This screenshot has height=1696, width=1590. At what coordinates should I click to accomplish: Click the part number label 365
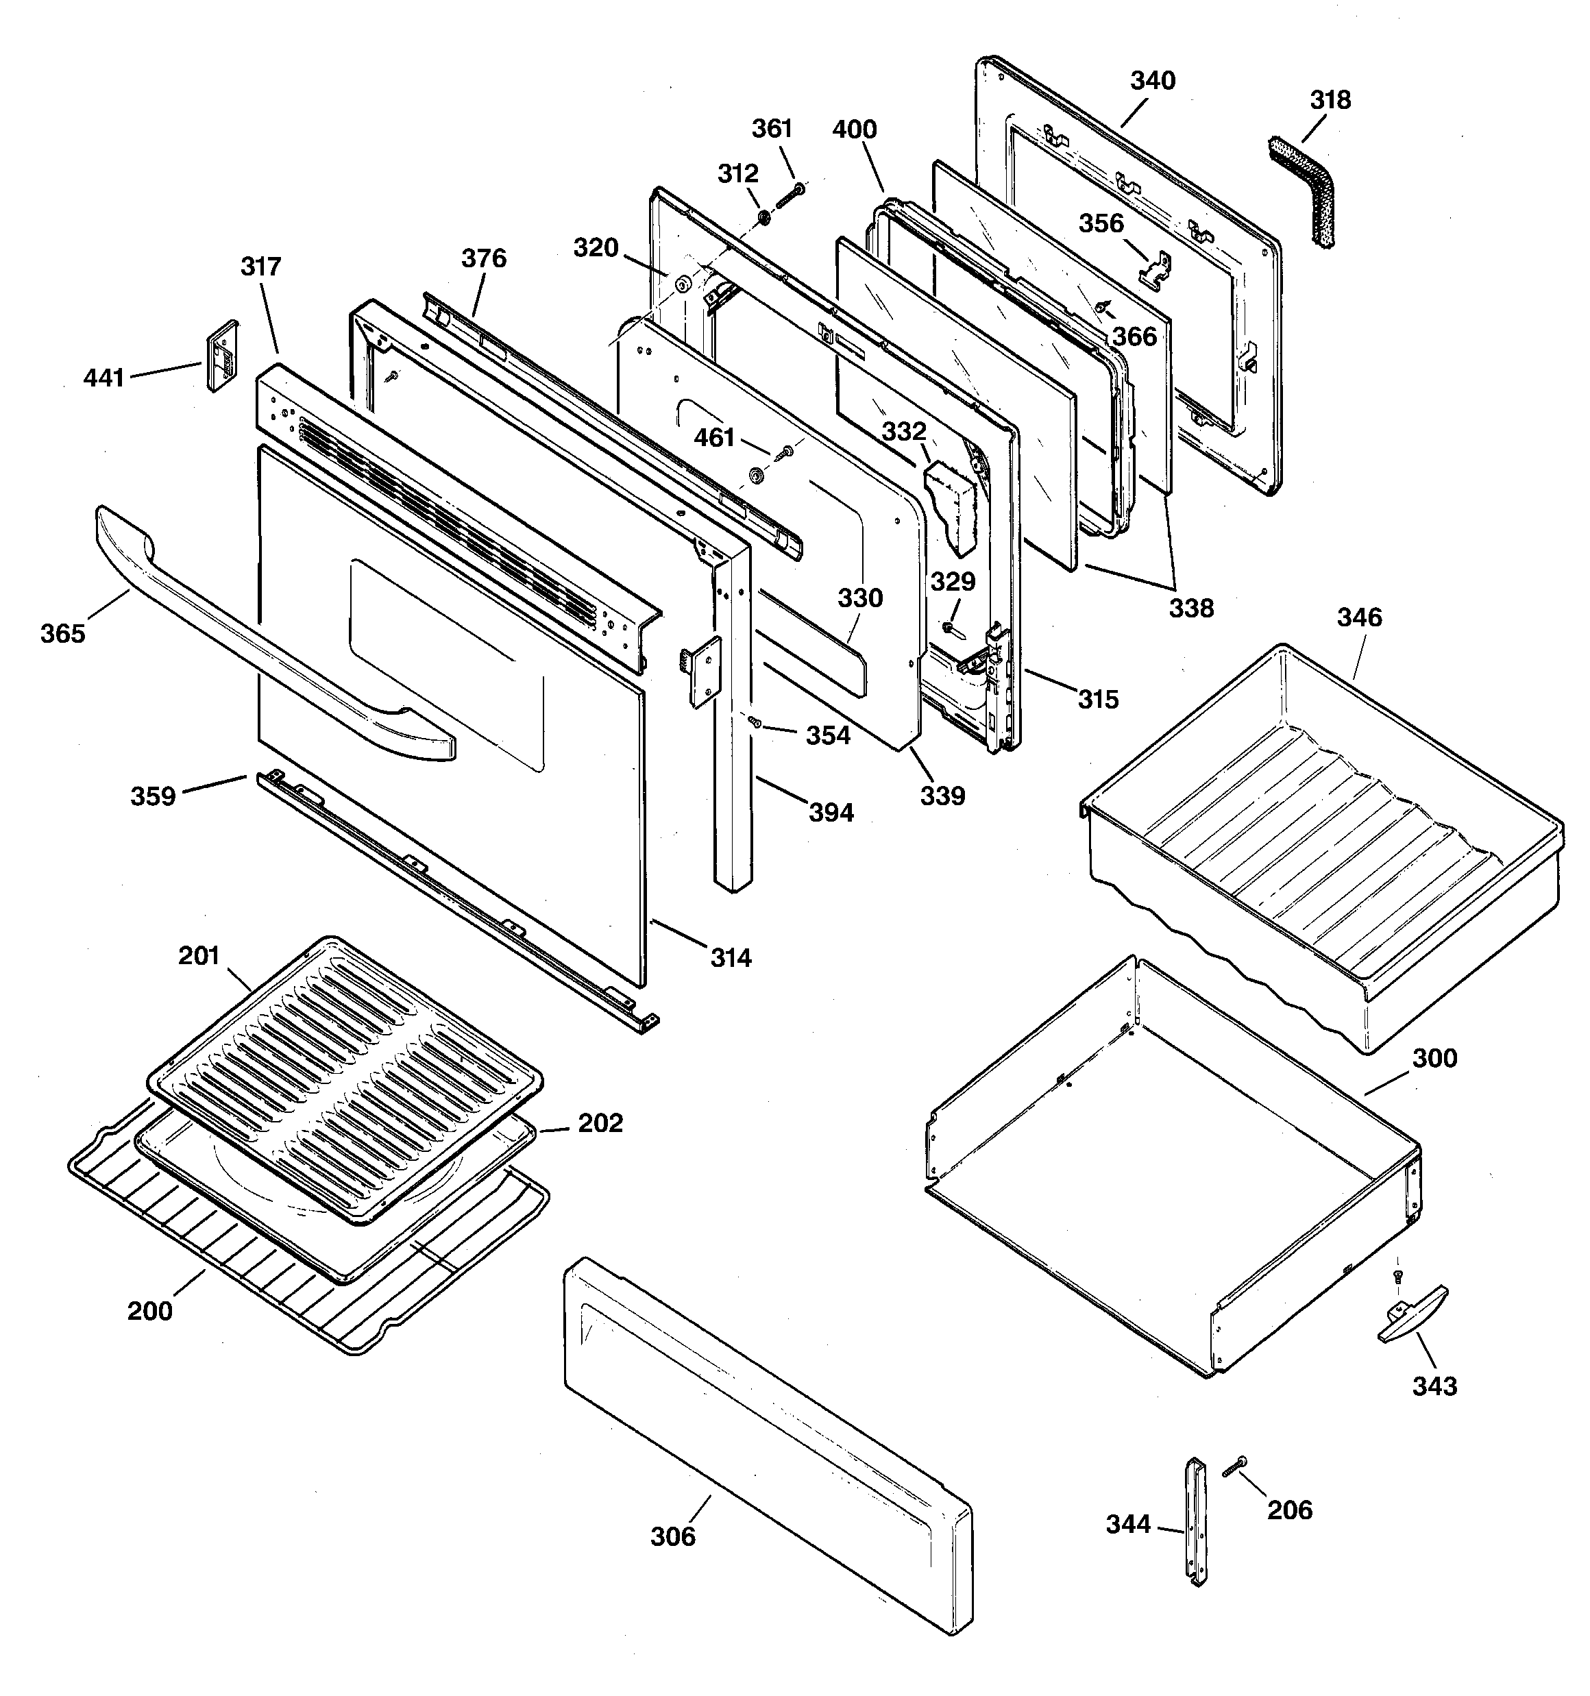point(63,634)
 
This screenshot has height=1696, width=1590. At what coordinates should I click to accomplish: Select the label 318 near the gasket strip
point(1330,101)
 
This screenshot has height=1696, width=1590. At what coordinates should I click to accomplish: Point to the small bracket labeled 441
point(223,356)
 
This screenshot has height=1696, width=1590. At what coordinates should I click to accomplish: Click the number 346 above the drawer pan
point(1359,617)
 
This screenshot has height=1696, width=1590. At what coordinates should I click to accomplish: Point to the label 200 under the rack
point(150,1310)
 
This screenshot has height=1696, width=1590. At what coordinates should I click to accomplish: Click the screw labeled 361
point(789,196)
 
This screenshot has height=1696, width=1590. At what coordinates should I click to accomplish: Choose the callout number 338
point(1190,609)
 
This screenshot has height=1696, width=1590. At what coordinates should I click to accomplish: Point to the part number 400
point(855,130)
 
